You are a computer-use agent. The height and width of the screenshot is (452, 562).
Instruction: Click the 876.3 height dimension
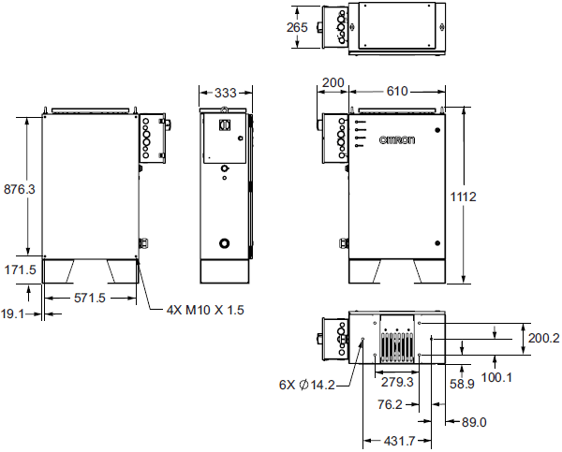point(20,188)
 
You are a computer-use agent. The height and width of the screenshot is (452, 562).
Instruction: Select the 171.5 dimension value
point(20,270)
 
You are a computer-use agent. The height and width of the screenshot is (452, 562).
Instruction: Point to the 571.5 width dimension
point(90,298)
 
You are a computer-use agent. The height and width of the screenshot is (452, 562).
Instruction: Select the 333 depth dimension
point(225,93)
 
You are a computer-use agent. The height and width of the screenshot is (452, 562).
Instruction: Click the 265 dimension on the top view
point(297,27)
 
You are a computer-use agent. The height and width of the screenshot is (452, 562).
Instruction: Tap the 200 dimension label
point(333,83)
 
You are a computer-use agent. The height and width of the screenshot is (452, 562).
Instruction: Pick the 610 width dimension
point(397,92)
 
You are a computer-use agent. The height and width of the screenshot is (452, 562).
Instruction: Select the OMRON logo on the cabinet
point(396,139)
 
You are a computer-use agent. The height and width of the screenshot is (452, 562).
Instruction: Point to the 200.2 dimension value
point(543,339)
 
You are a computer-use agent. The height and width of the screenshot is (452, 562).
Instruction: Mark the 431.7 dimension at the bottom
point(396,440)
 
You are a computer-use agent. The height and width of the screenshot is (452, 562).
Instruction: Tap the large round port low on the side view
point(225,242)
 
